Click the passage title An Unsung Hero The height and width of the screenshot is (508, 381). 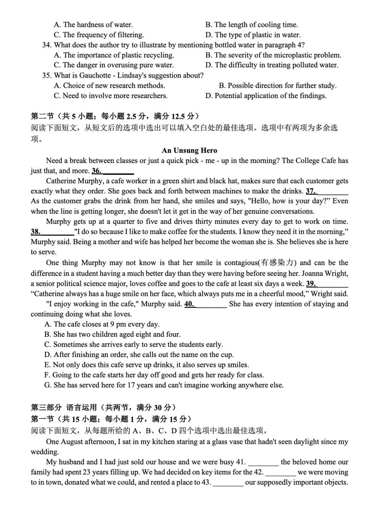[x=189, y=151]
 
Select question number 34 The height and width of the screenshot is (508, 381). [x=47, y=45]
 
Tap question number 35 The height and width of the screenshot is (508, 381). [x=47, y=75]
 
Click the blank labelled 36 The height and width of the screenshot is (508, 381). [x=118, y=171]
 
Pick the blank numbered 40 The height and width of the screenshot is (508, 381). [x=211, y=304]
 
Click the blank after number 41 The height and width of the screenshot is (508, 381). [x=263, y=462]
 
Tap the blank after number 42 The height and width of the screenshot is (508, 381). [x=280, y=472]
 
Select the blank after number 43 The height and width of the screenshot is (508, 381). [x=228, y=483]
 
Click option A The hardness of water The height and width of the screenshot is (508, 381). [x=93, y=25]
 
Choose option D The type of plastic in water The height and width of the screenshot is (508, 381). [x=253, y=35]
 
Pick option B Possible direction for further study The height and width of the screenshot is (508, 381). [x=278, y=86]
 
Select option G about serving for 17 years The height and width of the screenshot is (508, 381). [x=164, y=385]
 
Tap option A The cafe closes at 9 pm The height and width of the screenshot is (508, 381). [x=102, y=324]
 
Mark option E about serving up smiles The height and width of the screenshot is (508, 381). [x=146, y=365]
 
